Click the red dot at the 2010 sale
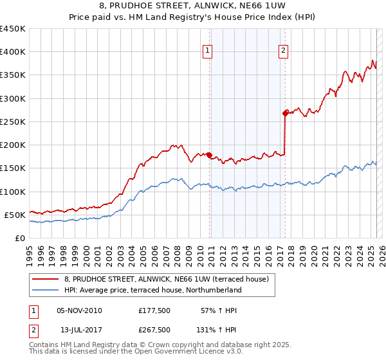click(x=210, y=155)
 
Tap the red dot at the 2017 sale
click(x=285, y=113)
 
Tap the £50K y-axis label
click(x=15, y=215)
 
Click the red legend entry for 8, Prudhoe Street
click(x=170, y=279)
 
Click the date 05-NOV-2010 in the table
click(x=79, y=311)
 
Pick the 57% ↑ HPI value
click(x=219, y=311)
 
